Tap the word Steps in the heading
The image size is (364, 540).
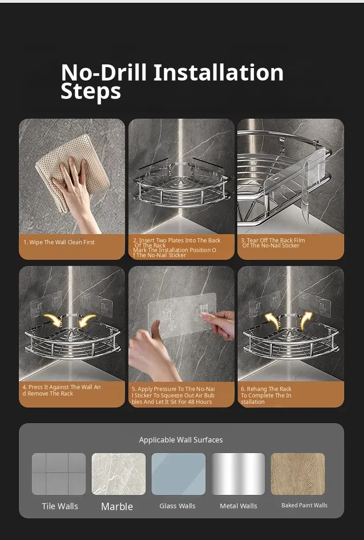tap(91, 91)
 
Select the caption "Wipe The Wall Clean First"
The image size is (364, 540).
tap(59, 242)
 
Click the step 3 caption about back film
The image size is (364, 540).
tap(273, 243)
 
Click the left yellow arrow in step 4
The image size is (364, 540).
tap(53, 320)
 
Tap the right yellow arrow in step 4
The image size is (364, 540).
tap(87, 320)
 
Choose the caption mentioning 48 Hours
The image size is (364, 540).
tap(173, 396)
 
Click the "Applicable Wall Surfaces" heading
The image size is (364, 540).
tap(181, 440)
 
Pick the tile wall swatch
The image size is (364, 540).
tap(59, 474)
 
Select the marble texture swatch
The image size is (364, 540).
tap(118, 474)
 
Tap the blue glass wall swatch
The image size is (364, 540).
tap(178, 474)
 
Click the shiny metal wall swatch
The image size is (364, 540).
tap(238, 474)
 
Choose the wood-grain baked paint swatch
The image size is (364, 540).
tap(298, 474)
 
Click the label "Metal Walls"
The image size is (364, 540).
tap(238, 506)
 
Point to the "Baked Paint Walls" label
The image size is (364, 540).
tap(304, 505)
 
